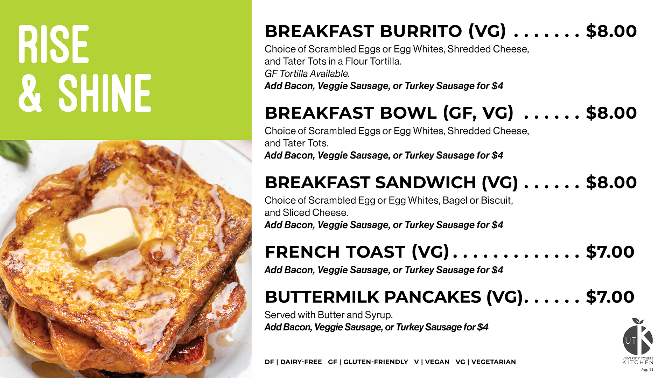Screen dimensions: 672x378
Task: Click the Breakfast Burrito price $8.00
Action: point(611,31)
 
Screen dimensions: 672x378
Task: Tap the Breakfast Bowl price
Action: point(611,113)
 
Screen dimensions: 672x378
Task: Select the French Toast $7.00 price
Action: point(610,252)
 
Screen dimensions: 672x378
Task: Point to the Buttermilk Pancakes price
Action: point(610,297)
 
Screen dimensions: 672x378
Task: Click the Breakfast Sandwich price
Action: point(611,183)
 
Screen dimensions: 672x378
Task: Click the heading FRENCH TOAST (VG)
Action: point(357,252)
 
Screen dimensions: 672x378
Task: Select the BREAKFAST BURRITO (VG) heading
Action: point(385,31)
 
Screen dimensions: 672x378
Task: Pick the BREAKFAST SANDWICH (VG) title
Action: point(391,183)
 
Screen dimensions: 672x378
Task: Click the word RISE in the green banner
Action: point(54,44)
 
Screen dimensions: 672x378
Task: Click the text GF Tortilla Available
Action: point(307,73)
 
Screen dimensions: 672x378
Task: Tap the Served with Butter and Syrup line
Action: point(329,315)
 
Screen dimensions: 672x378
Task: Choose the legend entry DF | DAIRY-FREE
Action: point(293,362)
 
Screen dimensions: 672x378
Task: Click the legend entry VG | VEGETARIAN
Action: point(485,362)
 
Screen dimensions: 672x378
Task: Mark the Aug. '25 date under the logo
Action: point(647,370)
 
